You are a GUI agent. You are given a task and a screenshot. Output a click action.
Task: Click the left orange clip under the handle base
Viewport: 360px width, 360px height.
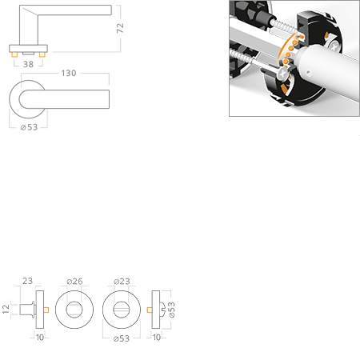11,58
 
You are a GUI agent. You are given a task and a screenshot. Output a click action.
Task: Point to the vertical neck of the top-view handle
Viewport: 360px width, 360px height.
30,31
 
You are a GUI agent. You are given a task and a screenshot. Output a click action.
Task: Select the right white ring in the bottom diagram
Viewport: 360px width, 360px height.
122,308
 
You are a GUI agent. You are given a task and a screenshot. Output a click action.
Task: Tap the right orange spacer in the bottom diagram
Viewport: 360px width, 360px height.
148,308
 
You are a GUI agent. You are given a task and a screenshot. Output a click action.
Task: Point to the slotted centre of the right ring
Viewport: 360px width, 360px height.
122,308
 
